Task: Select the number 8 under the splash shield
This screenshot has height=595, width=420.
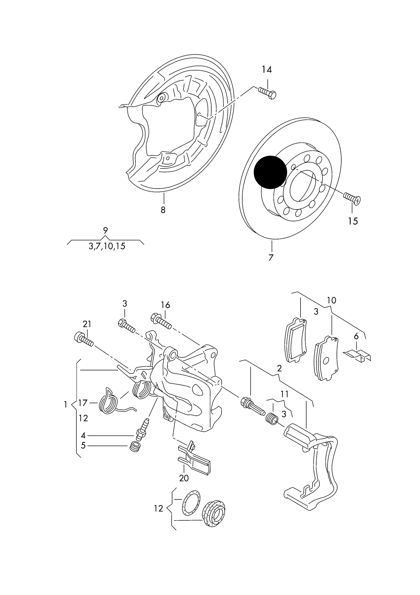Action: point(163,210)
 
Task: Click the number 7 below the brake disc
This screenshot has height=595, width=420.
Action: point(271,257)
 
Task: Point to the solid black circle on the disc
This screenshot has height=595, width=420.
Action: point(270,172)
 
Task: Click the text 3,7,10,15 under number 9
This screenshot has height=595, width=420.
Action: point(107,246)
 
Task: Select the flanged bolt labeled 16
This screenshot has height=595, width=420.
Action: point(161,321)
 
